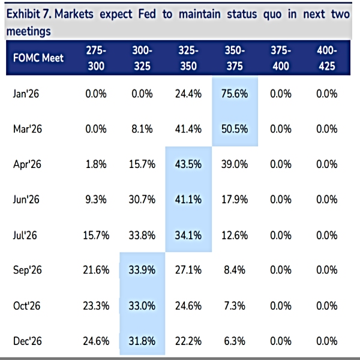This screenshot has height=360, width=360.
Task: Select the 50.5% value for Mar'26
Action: point(235,129)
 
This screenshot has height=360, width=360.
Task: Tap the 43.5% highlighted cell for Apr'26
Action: point(188,164)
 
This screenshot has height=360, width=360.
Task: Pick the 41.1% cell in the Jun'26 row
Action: point(188,200)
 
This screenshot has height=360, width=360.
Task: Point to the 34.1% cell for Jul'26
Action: point(188,235)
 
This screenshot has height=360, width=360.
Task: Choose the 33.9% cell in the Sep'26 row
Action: point(142,271)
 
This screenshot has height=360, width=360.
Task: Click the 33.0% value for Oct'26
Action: point(142,306)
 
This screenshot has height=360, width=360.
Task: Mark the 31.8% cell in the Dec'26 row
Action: point(142,341)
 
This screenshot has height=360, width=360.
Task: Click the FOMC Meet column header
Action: point(38,58)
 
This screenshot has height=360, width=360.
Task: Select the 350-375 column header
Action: point(235,58)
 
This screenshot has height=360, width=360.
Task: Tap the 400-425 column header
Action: point(326,58)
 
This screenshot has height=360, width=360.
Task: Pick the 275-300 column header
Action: point(96,58)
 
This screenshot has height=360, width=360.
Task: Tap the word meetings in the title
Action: point(29,31)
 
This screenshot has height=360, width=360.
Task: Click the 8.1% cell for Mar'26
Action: point(142,129)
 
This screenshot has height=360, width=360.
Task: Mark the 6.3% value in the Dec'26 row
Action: point(235,341)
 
